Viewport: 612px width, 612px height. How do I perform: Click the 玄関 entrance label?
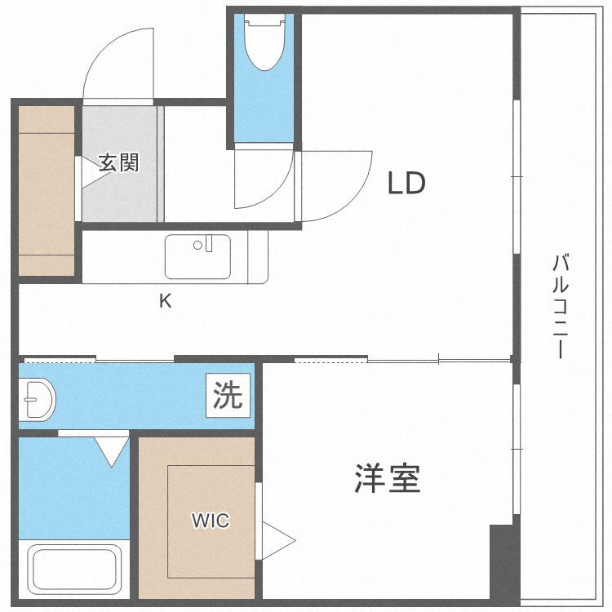pyautogui.click(x=119, y=162)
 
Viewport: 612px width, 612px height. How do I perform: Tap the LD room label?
pyautogui.click(x=406, y=184)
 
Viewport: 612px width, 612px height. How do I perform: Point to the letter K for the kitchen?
pyautogui.click(x=165, y=301)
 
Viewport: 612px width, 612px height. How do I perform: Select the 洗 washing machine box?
pyautogui.click(x=228, y=396)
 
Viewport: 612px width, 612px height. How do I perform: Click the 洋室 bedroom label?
pyautogui.click(x=388, y=478)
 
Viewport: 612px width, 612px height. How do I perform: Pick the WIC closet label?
pyautogui.click(x=211, y=520)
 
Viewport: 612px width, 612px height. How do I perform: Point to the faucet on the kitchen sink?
pyautogui.click(x=208, y=242)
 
